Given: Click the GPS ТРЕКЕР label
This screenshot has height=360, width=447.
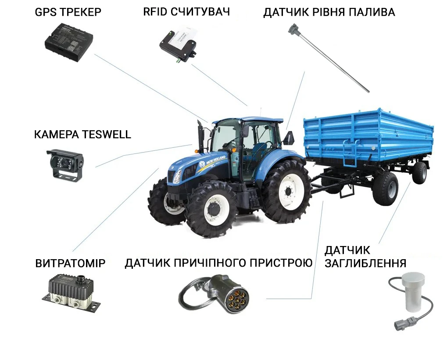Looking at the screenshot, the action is tap(68, 12).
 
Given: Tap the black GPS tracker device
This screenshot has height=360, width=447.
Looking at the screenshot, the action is tap(69, 42).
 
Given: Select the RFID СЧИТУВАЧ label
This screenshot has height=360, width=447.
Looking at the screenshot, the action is tap(186, 12).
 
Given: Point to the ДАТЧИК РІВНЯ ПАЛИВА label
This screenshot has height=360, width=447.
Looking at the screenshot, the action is tap(329, 12).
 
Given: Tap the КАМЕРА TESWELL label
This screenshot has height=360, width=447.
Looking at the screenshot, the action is tap(82, 134).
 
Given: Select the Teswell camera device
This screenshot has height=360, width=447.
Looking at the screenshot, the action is tap(65, 164).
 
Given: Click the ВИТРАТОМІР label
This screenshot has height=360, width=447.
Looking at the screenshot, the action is tap(70, 263).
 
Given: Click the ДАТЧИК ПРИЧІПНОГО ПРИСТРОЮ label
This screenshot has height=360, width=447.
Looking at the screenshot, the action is tap(218, 263).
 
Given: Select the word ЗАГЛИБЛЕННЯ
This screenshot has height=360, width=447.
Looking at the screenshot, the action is tap(365, 263).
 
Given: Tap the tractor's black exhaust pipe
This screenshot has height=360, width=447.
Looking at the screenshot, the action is tap(200, 136).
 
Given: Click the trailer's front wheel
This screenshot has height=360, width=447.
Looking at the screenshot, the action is tap(385, 189).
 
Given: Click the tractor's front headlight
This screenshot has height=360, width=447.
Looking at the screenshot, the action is tap(177, 177).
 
